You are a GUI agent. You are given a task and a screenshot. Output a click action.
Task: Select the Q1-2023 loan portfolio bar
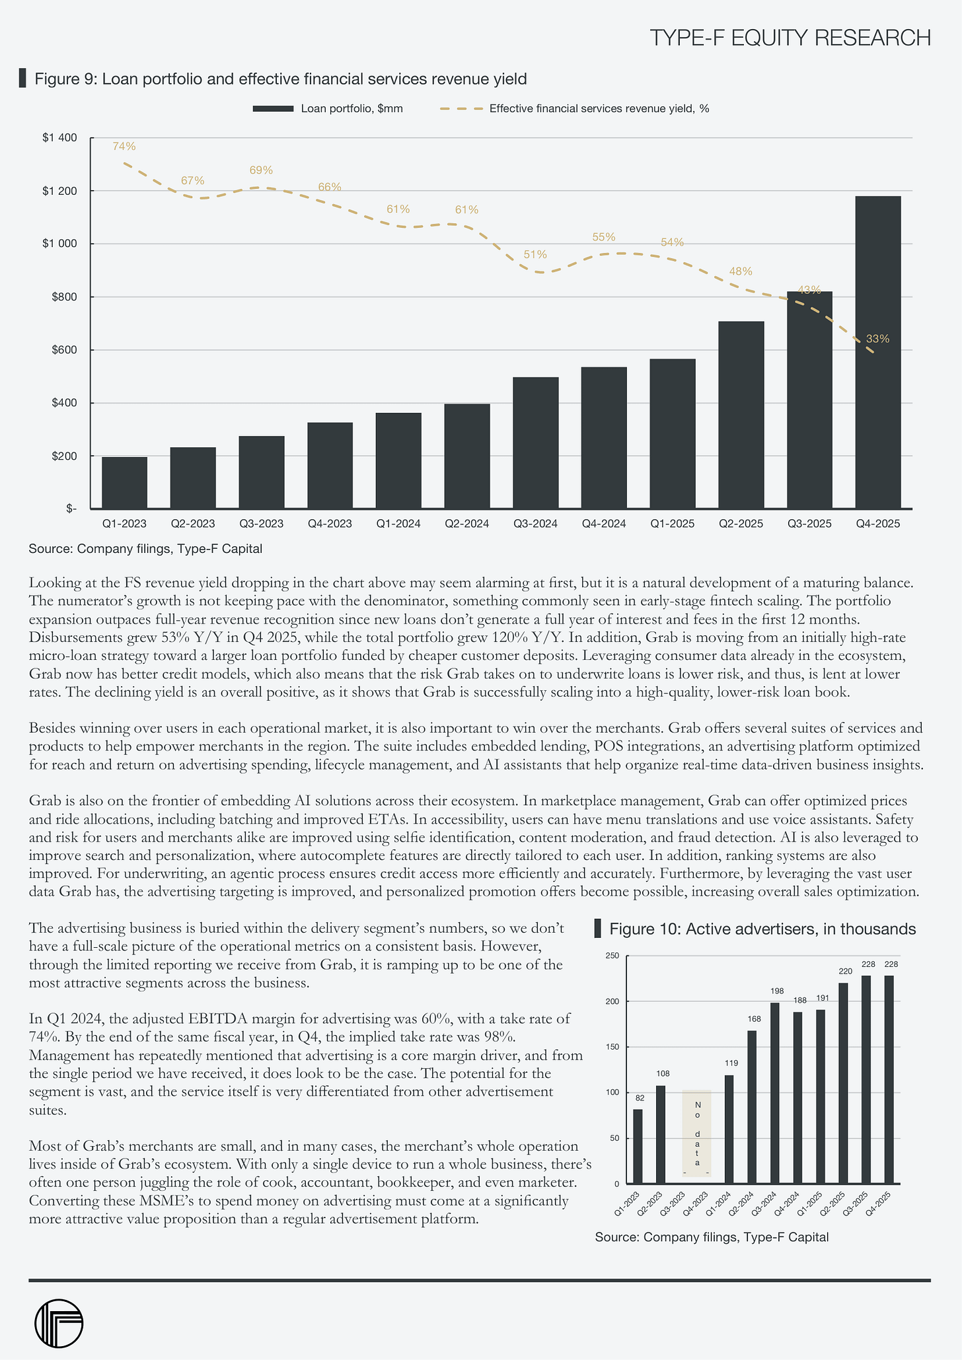pyautogui.click(x=124, y=483)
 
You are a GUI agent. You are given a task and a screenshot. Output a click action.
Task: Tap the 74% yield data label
pyautogui.click(x=124, y=146)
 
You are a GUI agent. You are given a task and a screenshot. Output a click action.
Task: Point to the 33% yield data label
pyautogui.click(x=877, y=339)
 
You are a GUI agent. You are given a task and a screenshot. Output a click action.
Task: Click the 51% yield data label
pyautogui.click(x=535, y=254)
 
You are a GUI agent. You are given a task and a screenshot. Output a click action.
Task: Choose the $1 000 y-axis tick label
pyautogui.click(x=59, y=244)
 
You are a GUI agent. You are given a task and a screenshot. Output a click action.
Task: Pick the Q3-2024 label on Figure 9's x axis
pyautogui.click(x=535, y=524)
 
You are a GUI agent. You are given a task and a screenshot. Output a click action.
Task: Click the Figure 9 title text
pyautogui.click(x=280, y=79)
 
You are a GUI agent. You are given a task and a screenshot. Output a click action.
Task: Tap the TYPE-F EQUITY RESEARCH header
pyautogui.click(x=790, y=38)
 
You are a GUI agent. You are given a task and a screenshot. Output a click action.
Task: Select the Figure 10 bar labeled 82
pyautogui.click(x=638, y=1146)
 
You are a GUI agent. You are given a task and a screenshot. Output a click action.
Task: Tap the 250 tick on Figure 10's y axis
pyautogui.click(x=612, y=956)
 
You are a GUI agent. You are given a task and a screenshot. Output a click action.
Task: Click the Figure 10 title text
pyautogui.click(x=762, y=929)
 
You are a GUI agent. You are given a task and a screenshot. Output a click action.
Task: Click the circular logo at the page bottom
pyautogui.click(x=58, y=1324)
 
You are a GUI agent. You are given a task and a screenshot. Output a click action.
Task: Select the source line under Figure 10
pyautogui.click(x=712, y=1236)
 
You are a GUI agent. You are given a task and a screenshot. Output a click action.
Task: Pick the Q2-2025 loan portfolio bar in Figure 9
pyautogui.click(x=741, y=415)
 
